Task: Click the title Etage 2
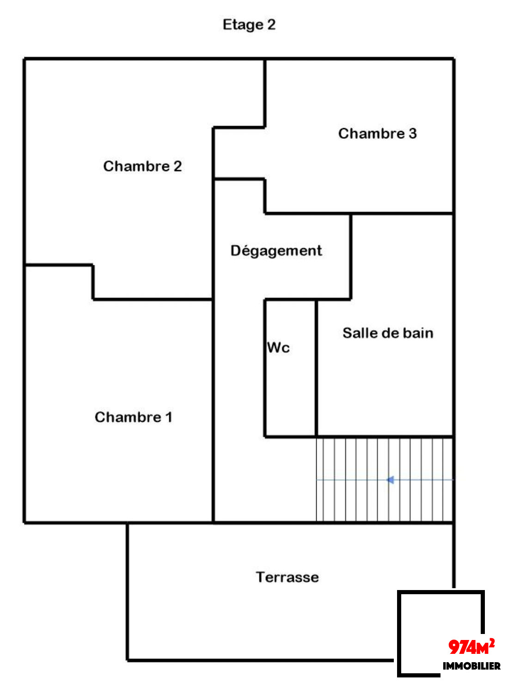(249, 25)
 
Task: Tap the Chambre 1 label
(133, 417)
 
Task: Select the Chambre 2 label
(142, 166)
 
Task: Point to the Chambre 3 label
(377, 134)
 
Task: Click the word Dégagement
(276, 251)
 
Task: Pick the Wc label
(278, 347)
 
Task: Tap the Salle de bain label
(388, 333)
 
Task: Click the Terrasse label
(287, 577)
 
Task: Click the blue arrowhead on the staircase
(391, 480)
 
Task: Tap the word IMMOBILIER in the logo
(471, 666)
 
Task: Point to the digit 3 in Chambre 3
(412, 134)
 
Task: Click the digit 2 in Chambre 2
(177, 166)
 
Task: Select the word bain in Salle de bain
(418, 333)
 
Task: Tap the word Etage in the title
(243, 25)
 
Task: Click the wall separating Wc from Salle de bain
(316, 370)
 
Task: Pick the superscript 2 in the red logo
(492, 642)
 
